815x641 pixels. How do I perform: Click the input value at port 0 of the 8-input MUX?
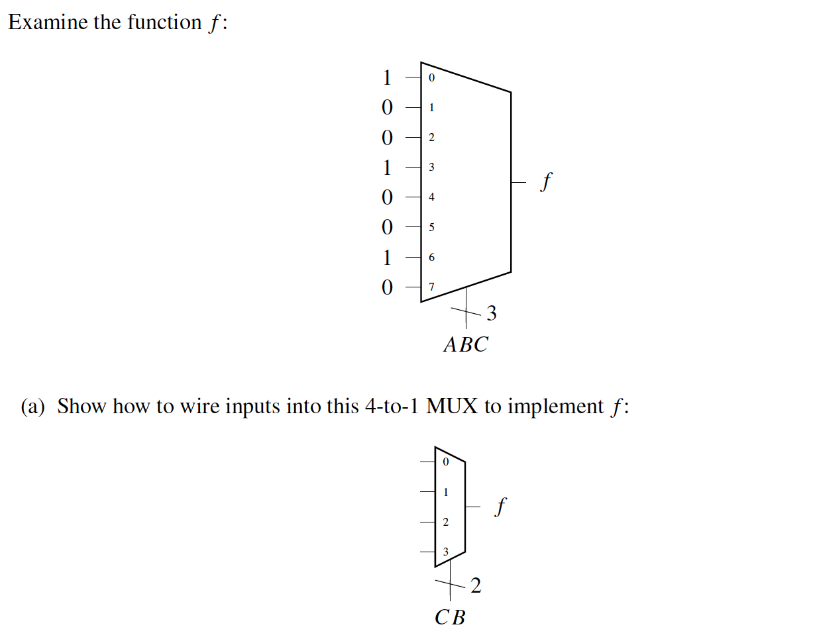tap(388, 77)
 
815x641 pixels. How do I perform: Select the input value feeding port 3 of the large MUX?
tap(388, 168)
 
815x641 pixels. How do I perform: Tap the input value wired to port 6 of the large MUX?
tap(388, 257)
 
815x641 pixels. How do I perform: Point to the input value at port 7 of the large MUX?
tap(388, 287)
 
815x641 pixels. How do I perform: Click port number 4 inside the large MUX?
tap(431, 197)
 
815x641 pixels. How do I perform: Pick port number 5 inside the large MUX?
tap(431, 228)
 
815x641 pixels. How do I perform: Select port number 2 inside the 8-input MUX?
tap(431, 138)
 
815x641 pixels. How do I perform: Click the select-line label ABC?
tap(465, 344)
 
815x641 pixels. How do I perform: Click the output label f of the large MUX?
tap(545, 181)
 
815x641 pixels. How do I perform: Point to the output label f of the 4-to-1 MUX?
tap(501, 507)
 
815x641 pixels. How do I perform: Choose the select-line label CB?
tap(450, 618)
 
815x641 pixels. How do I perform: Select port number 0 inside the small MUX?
tap(445, 462)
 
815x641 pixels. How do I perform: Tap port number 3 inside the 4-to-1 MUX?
tap(445, 552)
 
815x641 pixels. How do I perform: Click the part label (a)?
tap(32, 406)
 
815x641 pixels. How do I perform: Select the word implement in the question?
tap(555, 406)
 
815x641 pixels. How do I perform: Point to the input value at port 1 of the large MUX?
tap(388, 107)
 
